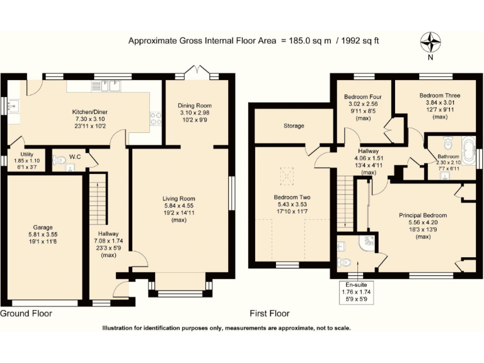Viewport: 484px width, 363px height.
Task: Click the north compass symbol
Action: pos(432,43)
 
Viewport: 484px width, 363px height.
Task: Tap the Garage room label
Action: pos(43,227)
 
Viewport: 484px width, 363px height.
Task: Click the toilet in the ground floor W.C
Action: pos(60,161)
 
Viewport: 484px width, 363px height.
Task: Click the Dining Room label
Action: pos(195,105)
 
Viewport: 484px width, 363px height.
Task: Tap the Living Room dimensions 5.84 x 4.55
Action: pos(179,205)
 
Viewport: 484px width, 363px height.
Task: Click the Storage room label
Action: pos(294,126)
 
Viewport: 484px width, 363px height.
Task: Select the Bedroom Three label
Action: pos(439,96)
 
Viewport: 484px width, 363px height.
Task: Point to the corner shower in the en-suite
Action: pos(367,242)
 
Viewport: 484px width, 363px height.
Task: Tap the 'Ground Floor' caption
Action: pos(26,313)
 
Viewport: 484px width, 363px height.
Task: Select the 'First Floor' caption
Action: pos(269,313)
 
